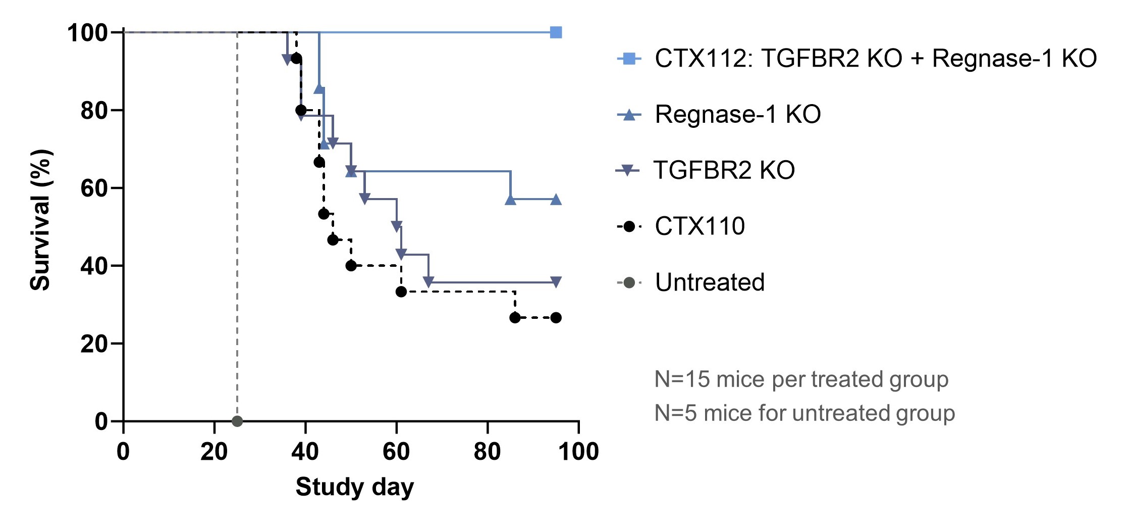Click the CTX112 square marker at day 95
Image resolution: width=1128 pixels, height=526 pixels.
556,32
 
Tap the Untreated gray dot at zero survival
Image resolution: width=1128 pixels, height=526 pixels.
237,421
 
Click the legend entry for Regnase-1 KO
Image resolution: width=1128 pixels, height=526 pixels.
737,114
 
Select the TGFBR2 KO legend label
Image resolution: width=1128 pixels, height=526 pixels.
724,170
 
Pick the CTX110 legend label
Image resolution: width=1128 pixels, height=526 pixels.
700,226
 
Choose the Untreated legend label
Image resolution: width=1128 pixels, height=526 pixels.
710,282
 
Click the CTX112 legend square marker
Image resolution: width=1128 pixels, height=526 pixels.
629,59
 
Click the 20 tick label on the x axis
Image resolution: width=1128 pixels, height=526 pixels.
214,451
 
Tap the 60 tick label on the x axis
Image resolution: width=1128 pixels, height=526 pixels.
396,451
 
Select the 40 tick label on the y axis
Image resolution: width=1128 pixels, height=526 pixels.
94,266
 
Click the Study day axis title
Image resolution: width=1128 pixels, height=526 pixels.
354,487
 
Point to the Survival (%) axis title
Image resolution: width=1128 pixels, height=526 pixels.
40,220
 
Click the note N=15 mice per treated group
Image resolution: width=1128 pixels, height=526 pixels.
801,379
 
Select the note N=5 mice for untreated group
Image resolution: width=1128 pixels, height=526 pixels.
804,413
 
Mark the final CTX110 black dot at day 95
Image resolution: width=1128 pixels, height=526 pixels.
556,318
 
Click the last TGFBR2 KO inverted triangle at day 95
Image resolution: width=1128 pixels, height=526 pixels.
556,282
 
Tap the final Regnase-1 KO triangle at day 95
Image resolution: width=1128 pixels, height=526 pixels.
556,200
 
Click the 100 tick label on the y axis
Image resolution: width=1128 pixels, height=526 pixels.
87,33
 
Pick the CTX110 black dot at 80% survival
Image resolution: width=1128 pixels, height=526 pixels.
301,110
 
